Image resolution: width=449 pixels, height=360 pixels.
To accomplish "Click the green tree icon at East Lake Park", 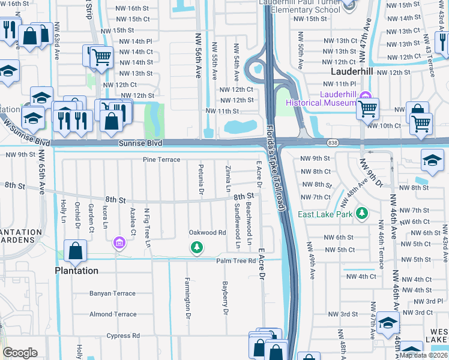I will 361,213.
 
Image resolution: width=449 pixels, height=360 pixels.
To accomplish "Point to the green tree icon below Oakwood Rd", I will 196,247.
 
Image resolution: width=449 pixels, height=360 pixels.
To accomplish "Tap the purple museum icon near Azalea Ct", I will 119,242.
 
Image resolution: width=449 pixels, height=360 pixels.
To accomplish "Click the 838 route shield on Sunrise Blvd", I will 333,143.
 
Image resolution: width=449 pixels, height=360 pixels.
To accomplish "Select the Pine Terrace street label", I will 161,160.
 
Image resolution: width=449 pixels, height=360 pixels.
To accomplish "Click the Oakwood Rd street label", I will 207,232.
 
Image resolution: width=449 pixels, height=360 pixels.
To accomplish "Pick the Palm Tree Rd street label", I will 237,260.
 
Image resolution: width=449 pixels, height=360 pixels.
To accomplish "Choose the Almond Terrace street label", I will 113,314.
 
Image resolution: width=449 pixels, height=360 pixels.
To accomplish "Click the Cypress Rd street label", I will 123,335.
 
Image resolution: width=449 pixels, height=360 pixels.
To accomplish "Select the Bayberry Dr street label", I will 226,298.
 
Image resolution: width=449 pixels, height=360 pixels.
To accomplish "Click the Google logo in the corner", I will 20,353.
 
